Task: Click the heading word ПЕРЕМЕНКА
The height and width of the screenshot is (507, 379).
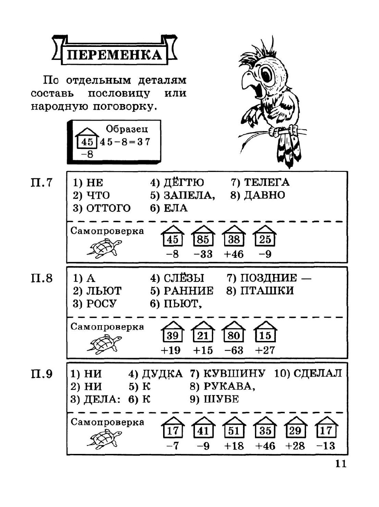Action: pos(114,54)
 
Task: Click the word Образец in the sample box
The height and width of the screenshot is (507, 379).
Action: pos(127,129)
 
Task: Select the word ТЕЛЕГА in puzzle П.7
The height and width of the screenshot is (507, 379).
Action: pos(267,182)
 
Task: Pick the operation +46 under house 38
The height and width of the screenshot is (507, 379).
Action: pos(234,254)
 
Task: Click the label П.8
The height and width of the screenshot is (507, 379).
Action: pos(42,278)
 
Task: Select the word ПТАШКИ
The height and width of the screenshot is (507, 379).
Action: pos(267,291)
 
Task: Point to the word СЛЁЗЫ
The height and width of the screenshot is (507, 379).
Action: pos(183,278)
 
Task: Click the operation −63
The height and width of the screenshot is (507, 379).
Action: pos(234,350)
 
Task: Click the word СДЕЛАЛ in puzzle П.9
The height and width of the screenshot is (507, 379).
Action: pos(317,373)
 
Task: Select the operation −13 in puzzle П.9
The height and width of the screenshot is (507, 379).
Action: pos(326,446)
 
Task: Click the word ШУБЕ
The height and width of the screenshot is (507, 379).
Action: pos(221,399)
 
